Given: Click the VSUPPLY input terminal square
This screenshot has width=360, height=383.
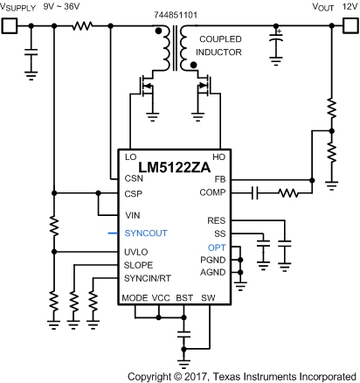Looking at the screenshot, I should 9,25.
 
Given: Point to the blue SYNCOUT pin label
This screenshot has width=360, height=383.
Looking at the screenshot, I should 145,233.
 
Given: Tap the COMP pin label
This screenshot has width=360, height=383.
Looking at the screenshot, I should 212,191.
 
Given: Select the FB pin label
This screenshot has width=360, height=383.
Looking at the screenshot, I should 218,179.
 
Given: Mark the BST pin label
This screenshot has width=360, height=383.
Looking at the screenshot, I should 184,298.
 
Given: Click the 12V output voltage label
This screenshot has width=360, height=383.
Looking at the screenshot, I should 350,8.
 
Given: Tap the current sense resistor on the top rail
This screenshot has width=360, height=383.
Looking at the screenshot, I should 83,25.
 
